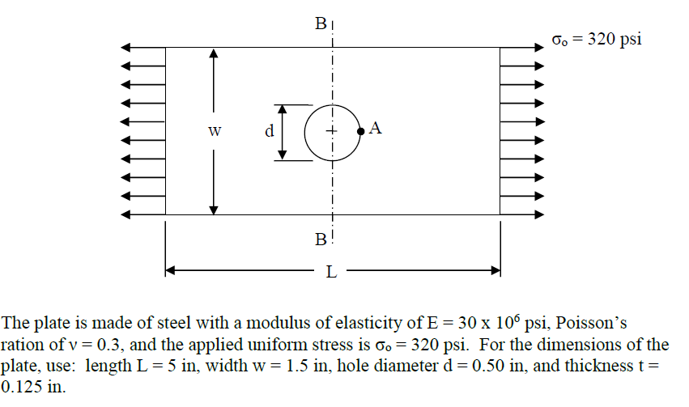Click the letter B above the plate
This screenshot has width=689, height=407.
point(320,24)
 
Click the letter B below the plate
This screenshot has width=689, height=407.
point(320,240)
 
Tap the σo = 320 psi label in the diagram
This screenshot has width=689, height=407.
point(596,39)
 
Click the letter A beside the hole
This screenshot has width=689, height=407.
point(375,128)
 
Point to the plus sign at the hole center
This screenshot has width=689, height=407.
point(330,130)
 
